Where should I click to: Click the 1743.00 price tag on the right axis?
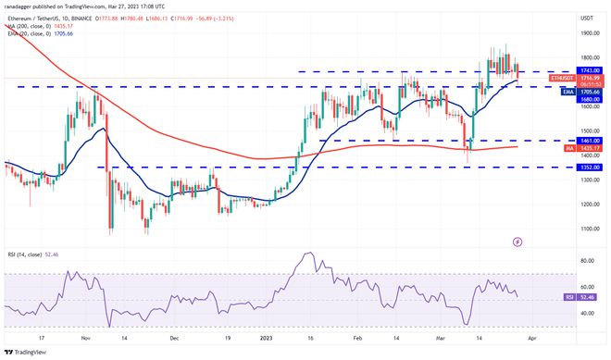(588, 71)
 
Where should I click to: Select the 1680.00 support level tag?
(588, 100)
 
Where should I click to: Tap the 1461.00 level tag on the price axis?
(588, 141)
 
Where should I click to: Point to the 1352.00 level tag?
(588, 168)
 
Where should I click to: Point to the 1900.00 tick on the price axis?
(587, 32)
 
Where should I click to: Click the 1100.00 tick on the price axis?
(587, 228)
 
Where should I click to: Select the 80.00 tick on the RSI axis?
(585, 262)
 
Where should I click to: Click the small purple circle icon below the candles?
(517, 242)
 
